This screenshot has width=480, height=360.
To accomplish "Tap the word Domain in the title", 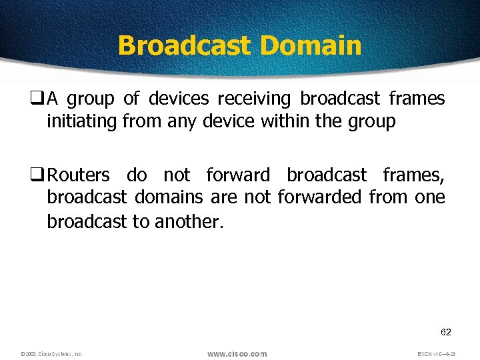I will click(311, 45).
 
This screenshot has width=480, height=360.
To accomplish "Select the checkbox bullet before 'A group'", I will click(39, 99).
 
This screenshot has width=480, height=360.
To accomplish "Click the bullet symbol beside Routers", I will click(39, 175).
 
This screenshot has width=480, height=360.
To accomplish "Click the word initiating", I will click(83, 121).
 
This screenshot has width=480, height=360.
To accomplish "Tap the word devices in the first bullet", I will click(179, 99).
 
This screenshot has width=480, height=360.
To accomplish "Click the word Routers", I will click(79, 175).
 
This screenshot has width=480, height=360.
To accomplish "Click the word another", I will click(189, 221).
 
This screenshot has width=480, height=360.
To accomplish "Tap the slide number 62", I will click(446, 331).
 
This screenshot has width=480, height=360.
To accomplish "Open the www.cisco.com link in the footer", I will click(237, 353).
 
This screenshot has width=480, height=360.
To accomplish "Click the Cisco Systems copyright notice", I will click(51, 354).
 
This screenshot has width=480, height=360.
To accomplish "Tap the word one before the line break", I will click(430, 197).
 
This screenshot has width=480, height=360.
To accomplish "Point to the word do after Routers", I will click(137, 175).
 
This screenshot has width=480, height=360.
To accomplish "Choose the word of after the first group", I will click(131, 99).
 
